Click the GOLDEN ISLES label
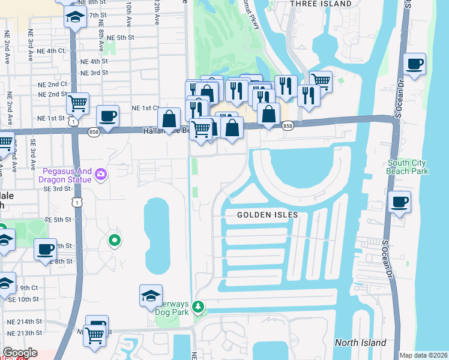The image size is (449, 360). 268,215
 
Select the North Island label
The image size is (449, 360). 360,343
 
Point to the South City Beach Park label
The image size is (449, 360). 408,167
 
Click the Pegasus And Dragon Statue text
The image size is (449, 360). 66,175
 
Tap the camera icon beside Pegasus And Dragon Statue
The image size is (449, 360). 100,175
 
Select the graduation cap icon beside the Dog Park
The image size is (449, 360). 151,295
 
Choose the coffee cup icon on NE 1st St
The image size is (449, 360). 107,116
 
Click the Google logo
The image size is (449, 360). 19,353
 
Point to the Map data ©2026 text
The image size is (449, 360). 423,355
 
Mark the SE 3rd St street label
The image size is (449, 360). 57,188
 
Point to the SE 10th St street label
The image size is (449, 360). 24,299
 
